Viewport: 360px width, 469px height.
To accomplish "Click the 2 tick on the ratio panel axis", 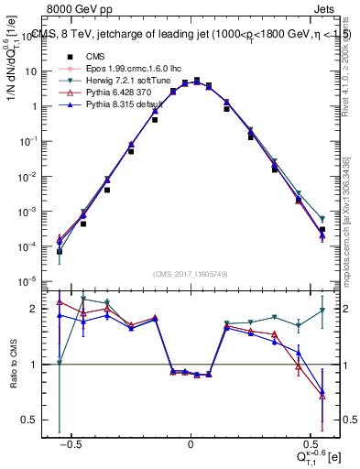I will click(36, 309).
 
